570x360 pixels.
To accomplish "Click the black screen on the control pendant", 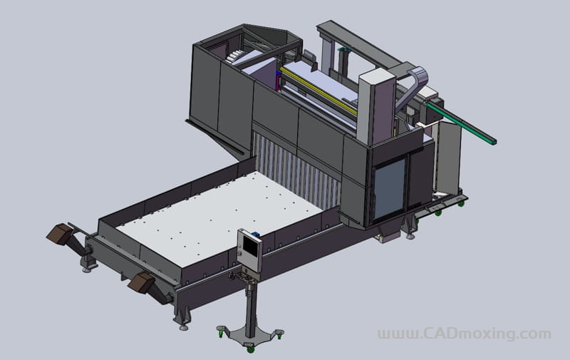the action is [x=250, y=246].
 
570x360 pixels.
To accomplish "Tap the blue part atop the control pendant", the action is [x=256, y=234].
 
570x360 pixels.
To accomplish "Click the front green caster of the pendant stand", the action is [x=251, y=349].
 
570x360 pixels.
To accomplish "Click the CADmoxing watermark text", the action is [x=465, y=333].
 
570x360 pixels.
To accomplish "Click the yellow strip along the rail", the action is [x=318, y=91].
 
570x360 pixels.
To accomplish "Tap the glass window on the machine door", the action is [x=389, y=189].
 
